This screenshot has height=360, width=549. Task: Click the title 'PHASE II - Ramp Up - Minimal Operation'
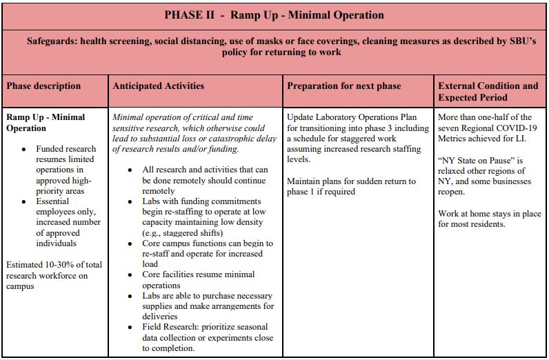pos(274,15)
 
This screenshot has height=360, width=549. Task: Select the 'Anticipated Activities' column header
pos(158,86)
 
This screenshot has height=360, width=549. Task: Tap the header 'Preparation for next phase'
pos(343,86)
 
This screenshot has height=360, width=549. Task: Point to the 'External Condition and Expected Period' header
pos(488,92)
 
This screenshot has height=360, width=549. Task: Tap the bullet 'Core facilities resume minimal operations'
pos(198,279)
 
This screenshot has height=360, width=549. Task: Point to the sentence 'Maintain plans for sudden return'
pos(352,181)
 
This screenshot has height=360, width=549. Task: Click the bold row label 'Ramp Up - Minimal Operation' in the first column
pos(46,122)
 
